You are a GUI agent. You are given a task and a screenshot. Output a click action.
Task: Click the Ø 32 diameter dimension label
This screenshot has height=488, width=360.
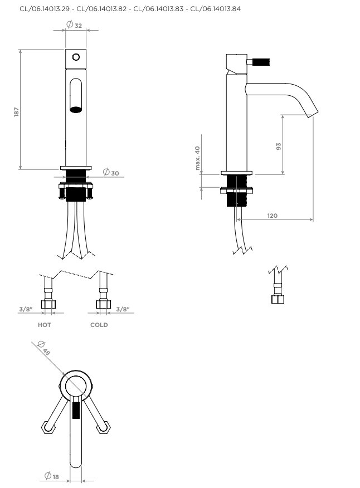pyautogui.click(x=74, y=25)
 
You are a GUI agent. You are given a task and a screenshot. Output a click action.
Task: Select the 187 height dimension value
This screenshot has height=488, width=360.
pyautogui.click(x=17, y=112)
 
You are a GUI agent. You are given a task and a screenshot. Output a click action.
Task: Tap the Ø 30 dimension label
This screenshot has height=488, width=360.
pyautogui.click(x=111, y=173)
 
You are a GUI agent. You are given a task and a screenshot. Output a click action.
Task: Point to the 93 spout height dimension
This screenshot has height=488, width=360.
pyautogui.click(x=279, y=147)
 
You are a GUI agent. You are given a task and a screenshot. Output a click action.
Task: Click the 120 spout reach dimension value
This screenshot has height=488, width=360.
pyautogui.click(x=272, y=216)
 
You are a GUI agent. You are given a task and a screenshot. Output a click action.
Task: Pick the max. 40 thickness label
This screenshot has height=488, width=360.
pyautogui.click(x=197, y=158)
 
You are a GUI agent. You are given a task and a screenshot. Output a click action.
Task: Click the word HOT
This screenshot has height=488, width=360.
pyautogui.click(x=44, y=325)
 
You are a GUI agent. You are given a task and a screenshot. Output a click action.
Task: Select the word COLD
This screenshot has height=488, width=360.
pyautogui.click(x=99, y=325)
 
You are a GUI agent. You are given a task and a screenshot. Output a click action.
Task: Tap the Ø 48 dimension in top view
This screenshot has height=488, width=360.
pyautogui.click(x=43, y=348)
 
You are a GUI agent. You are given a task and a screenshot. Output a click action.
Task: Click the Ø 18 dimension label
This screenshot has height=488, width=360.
pyautogui.click(x=52, y=476)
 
